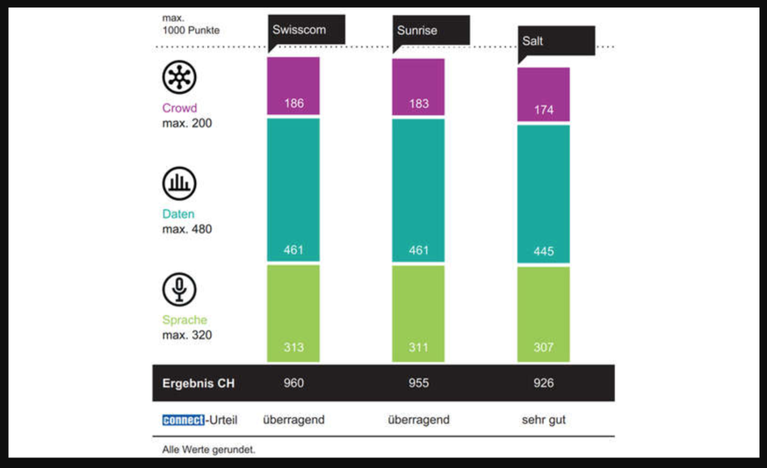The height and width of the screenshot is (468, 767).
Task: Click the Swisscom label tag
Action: click(x=306, y=29)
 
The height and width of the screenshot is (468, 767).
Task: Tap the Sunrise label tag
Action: click(x=431, y=31)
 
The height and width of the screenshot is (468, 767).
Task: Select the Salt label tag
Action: click(x=556, y=40)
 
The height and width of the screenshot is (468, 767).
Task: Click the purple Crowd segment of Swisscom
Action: click(x=293, y=86)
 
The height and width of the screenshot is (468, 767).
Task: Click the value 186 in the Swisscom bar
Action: click(x=293, y=104)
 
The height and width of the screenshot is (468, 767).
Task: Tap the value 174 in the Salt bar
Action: click(x=543, y=110)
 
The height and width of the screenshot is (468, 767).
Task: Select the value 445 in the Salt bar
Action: click(x=543, y=253)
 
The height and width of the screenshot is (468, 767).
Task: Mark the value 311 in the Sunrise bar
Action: click(x=418, y=348)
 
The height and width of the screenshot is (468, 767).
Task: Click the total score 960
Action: click(x=293, y=384)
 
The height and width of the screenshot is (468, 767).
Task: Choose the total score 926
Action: click(x=543, y=384)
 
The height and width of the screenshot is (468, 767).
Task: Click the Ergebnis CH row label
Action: click(x=199, y=384)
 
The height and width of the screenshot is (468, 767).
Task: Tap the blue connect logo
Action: click(x=183, y=420)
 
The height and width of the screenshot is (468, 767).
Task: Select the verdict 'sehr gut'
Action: click(x=543, y=420)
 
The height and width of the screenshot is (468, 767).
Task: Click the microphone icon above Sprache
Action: click(x=179, y=289)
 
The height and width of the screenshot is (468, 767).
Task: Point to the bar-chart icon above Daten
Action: click(x=179, y=184)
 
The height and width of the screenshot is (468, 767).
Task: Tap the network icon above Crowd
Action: click(x=179, y=78)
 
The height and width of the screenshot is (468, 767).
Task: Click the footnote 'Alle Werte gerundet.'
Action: click(x=208, y=450)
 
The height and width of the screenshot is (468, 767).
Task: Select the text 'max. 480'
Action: click(x=187, y=229)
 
